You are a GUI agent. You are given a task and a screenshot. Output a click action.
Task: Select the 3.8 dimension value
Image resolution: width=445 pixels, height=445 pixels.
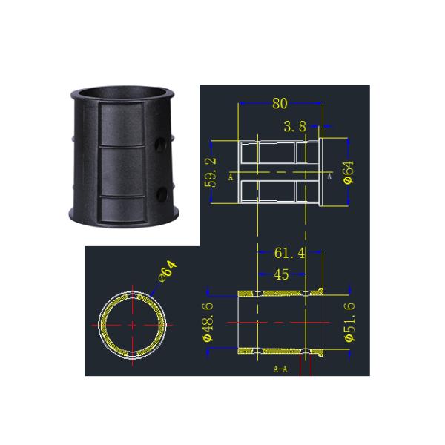[x=294, y=127]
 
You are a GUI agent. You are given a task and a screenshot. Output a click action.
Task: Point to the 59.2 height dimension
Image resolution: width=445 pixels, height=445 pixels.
[x=211, y=171]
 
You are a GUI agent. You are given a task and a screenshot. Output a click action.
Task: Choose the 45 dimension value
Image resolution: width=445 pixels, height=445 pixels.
[x=281, y=275]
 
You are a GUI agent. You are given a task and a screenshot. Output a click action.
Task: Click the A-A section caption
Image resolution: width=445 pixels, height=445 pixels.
[x=280, y=369]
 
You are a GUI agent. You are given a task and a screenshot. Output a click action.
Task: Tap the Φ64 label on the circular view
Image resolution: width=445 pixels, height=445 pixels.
[x=169, y=271]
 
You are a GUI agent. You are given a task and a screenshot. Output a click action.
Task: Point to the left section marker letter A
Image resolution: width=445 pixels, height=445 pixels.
[x=231, y=178]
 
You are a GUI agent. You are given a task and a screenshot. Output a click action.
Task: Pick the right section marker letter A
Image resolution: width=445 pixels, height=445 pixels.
[x=329, y=178]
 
